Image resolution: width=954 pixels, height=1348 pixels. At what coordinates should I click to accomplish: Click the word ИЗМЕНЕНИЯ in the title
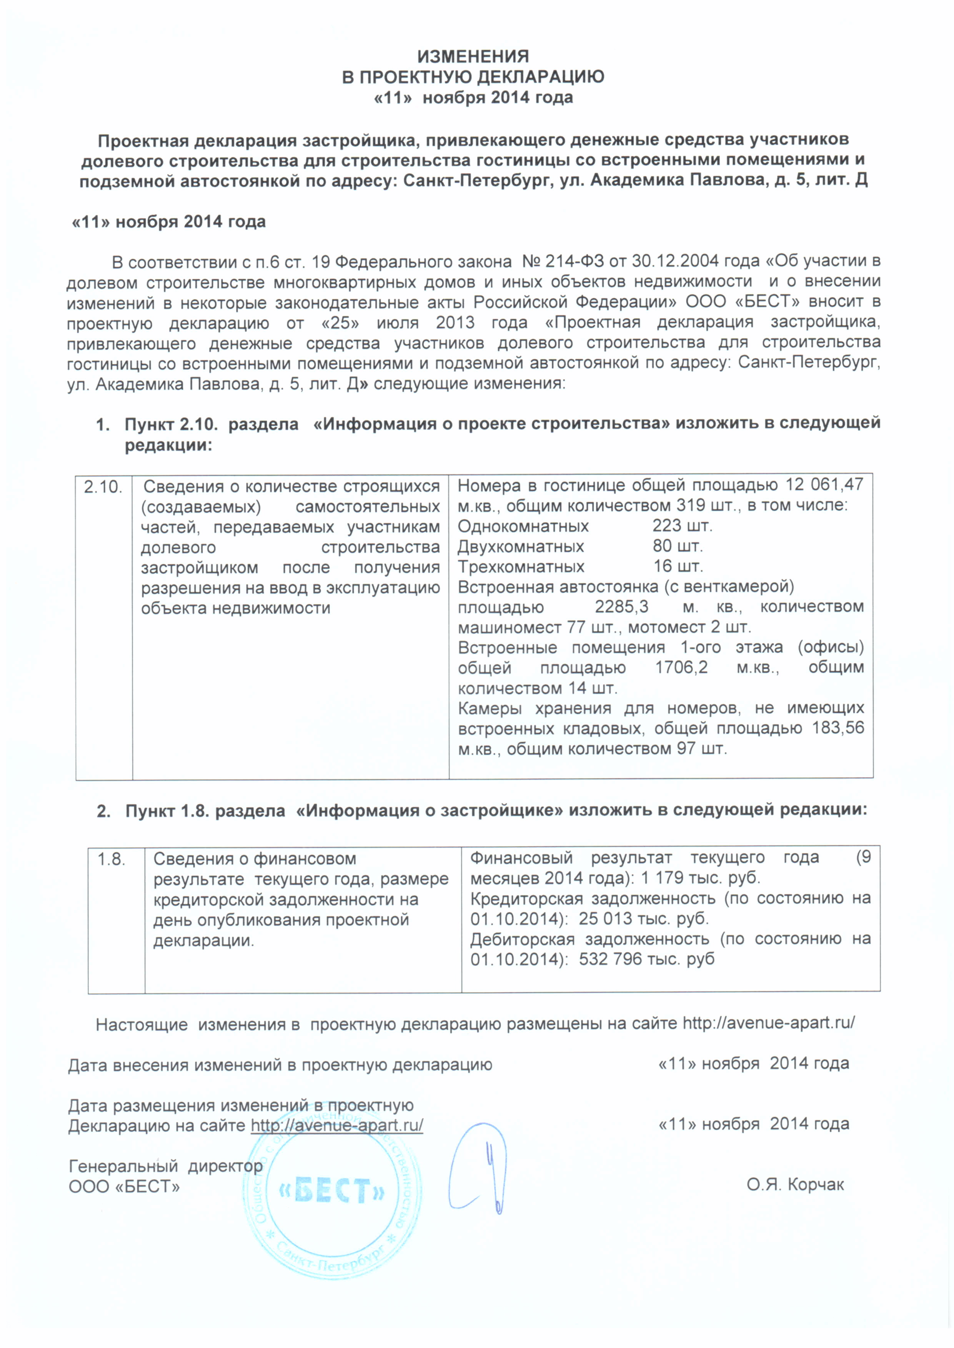pyautogui.click(x=473, y=56)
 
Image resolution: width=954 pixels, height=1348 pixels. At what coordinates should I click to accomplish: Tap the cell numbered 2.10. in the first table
pyautogui.click(x=103, y=487)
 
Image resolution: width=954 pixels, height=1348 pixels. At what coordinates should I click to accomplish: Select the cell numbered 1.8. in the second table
pyautogui.click(x=112, y=860)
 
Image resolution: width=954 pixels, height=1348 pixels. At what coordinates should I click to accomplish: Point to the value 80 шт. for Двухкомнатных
pyautogui.click(x=677, y=546)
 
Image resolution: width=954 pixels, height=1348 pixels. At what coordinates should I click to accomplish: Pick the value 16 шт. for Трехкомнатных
pyautogui.click(x=678, y=566)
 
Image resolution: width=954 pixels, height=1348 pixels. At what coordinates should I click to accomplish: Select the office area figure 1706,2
pyautogui.click(x=681, y=667)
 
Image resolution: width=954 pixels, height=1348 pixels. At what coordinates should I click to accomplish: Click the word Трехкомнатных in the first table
pyautogui.click(x=521, y=566)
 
